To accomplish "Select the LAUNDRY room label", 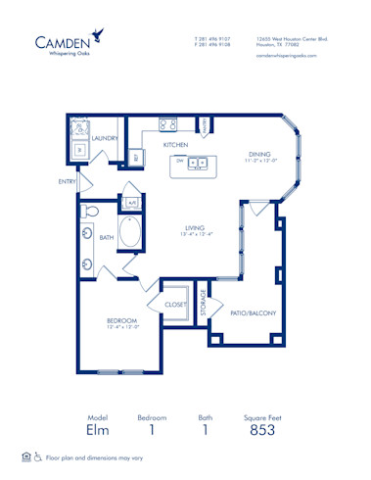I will tap(105, 139).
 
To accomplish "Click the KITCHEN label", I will tap(175, 144).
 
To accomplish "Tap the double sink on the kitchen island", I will tap(198, 164).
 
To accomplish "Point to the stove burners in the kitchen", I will tap(164, 124).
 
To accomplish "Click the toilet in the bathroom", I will tap(90, 211).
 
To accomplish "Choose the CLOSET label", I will tap(175, 305).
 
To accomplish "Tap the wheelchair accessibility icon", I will tap(37, 456).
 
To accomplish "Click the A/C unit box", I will tap(131, 203).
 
